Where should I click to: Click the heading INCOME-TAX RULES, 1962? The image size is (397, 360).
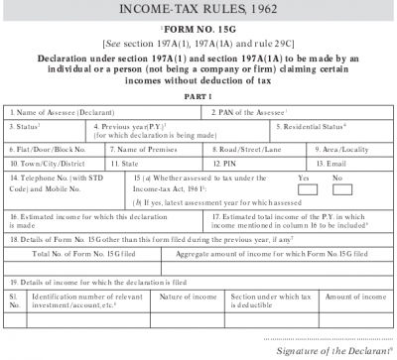point(198,10)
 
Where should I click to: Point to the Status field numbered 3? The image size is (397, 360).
point(45,133)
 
